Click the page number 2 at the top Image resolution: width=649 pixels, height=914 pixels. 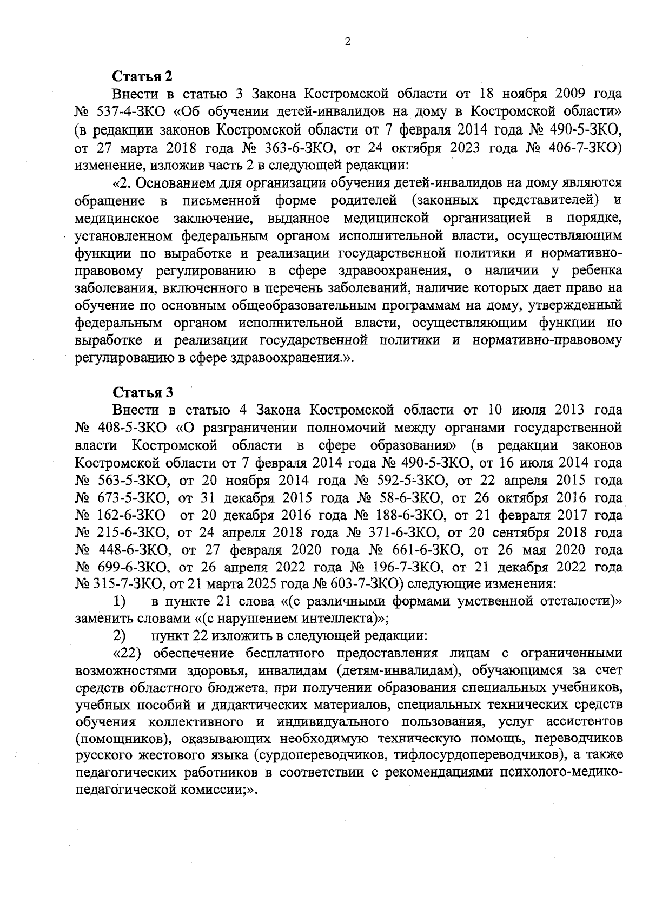click(x=347, y=42)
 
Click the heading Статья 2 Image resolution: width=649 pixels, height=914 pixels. click(x=142, y=76)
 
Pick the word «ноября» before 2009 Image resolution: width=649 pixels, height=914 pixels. click(x=522, y=94)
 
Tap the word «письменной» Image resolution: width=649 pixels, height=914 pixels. click(x=219, y=201)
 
